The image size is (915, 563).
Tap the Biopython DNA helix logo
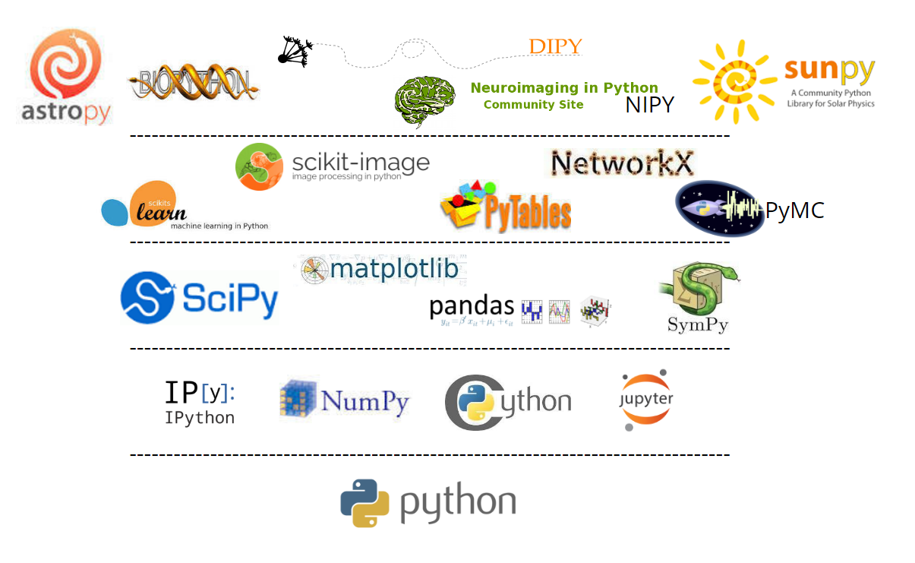194,82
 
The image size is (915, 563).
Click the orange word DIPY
555,47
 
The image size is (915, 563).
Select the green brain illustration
424,101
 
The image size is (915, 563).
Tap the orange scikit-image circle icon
259,166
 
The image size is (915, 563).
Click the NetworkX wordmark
622,163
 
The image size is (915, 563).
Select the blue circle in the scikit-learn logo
115,211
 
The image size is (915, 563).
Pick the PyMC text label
794,210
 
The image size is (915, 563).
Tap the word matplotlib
394,269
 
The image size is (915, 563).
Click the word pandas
472,307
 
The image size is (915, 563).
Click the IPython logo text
200,402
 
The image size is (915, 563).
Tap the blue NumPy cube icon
298,399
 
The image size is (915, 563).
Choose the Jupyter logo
646,400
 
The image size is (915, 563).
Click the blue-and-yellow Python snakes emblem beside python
364,503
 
